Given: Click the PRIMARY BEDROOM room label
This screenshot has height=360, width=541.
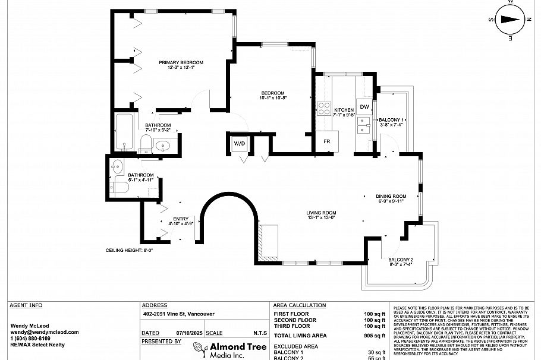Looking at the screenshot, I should tap(181, 62).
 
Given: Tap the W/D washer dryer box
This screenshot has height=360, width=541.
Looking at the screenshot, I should tap(239, 144).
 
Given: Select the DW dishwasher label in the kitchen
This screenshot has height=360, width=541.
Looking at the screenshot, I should tap(364, 107).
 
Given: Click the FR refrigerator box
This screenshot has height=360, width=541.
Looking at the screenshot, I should tap(326, 141).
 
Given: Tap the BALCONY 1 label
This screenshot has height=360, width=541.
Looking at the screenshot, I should tap(391, 120).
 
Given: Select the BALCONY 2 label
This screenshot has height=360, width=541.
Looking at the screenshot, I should tap(401, 260).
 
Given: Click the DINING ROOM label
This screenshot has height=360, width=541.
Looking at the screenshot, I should tap(391, 196).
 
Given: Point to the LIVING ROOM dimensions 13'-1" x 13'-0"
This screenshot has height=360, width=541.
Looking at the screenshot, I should tap(322, 218).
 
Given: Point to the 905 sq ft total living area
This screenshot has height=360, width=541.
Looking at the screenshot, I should tap(375, 336).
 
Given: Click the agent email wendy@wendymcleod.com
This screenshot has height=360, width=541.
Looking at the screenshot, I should tap(36, 331).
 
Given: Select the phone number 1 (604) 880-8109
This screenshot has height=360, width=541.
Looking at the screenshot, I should tap(34, 338).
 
